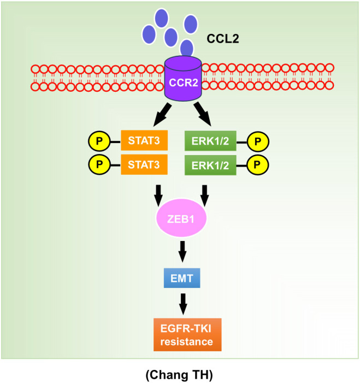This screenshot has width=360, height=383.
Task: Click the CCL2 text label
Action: [x=223, y=39]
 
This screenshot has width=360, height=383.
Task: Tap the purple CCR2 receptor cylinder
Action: [x=183, y=79]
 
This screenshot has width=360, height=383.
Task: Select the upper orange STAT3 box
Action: [x=144, y=140]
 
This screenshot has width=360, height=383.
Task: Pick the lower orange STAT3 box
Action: [x=144, y=164]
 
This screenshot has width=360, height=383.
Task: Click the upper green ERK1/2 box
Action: [x=210, y=141]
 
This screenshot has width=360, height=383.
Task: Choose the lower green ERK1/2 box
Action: [x=210, y=165]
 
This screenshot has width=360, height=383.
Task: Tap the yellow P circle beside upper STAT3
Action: [x=99, y=141]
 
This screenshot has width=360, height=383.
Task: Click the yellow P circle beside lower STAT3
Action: [x=99, y=164]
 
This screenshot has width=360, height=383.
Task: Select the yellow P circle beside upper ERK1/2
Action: [x=258, y=142]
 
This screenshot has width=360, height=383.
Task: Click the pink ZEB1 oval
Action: [x=181, y=218]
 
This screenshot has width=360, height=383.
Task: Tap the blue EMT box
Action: [x=182, y=278]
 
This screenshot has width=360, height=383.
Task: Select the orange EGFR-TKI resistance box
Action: [x=187, y=334]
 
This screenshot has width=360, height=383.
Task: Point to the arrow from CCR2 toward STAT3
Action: [x=162, y=115]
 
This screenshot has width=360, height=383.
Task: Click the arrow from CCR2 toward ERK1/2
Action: [x=203, y=114]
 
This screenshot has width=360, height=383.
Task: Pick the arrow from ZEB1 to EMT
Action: [x=182, y=251]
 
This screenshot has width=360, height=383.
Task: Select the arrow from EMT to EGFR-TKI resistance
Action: [x=183, y=304]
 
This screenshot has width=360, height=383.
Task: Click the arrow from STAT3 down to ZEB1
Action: [x=158, y=196]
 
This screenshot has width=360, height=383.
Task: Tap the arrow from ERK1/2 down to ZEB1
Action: [x=205, y=196]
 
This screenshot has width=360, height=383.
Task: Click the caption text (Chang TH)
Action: [x=179, y=375]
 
